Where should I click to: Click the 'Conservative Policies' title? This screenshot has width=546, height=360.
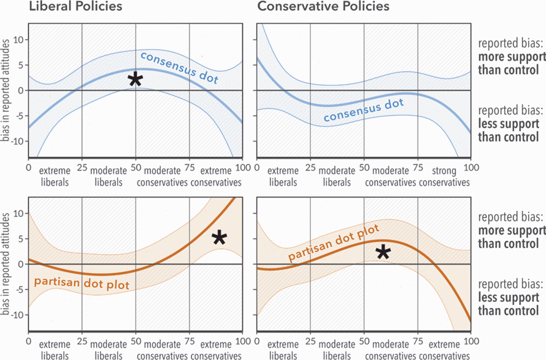pyautogui.click(x=324, y=7)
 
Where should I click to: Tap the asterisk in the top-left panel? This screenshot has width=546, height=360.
pyautogui.click(x=135, y=79)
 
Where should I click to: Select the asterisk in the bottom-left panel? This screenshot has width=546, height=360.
pyautogui.click(x=219, y=238)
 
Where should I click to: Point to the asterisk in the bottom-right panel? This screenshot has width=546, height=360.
pyautogui.click(x=383, y=252)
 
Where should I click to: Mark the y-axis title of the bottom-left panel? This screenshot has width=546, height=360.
pyautogui.click(x=7, y=264)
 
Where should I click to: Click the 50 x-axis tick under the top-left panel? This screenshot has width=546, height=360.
pyautogui.click(x=135, y=168)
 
